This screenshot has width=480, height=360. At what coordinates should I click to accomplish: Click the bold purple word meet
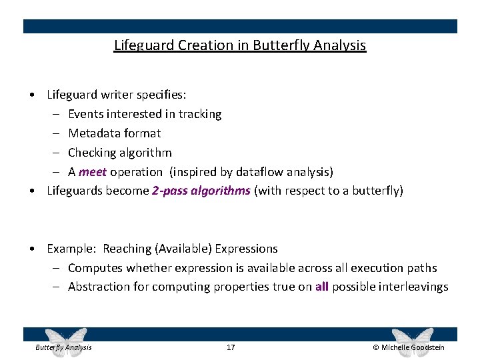(x=92, y=172)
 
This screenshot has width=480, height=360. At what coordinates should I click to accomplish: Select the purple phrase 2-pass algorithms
(x=201, y=191)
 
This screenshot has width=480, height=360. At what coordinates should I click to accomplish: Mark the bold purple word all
(x=322, y=287)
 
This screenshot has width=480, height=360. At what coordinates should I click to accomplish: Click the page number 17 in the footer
(x=231, y=347)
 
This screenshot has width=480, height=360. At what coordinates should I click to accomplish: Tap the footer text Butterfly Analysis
(x=63, y=347)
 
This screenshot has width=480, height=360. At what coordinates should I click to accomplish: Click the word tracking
(x=200, y=114)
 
